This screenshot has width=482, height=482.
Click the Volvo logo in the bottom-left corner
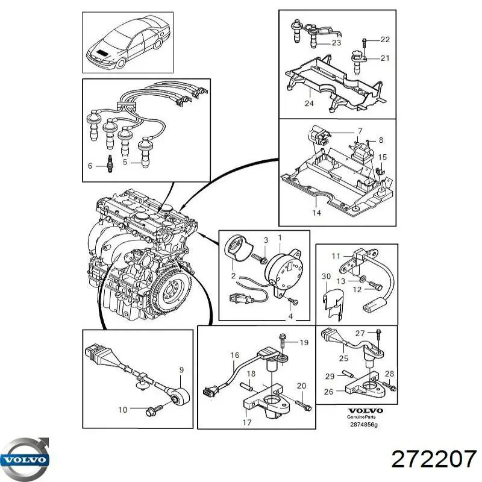26,459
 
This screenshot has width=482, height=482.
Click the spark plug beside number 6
110,164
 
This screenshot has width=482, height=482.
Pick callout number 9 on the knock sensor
182,369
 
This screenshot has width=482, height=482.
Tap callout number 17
246,422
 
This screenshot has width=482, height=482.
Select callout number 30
326,277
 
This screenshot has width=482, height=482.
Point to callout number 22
385,39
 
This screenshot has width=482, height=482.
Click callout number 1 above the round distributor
279,238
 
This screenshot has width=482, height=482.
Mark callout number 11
337,255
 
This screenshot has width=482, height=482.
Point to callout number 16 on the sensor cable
234,356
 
